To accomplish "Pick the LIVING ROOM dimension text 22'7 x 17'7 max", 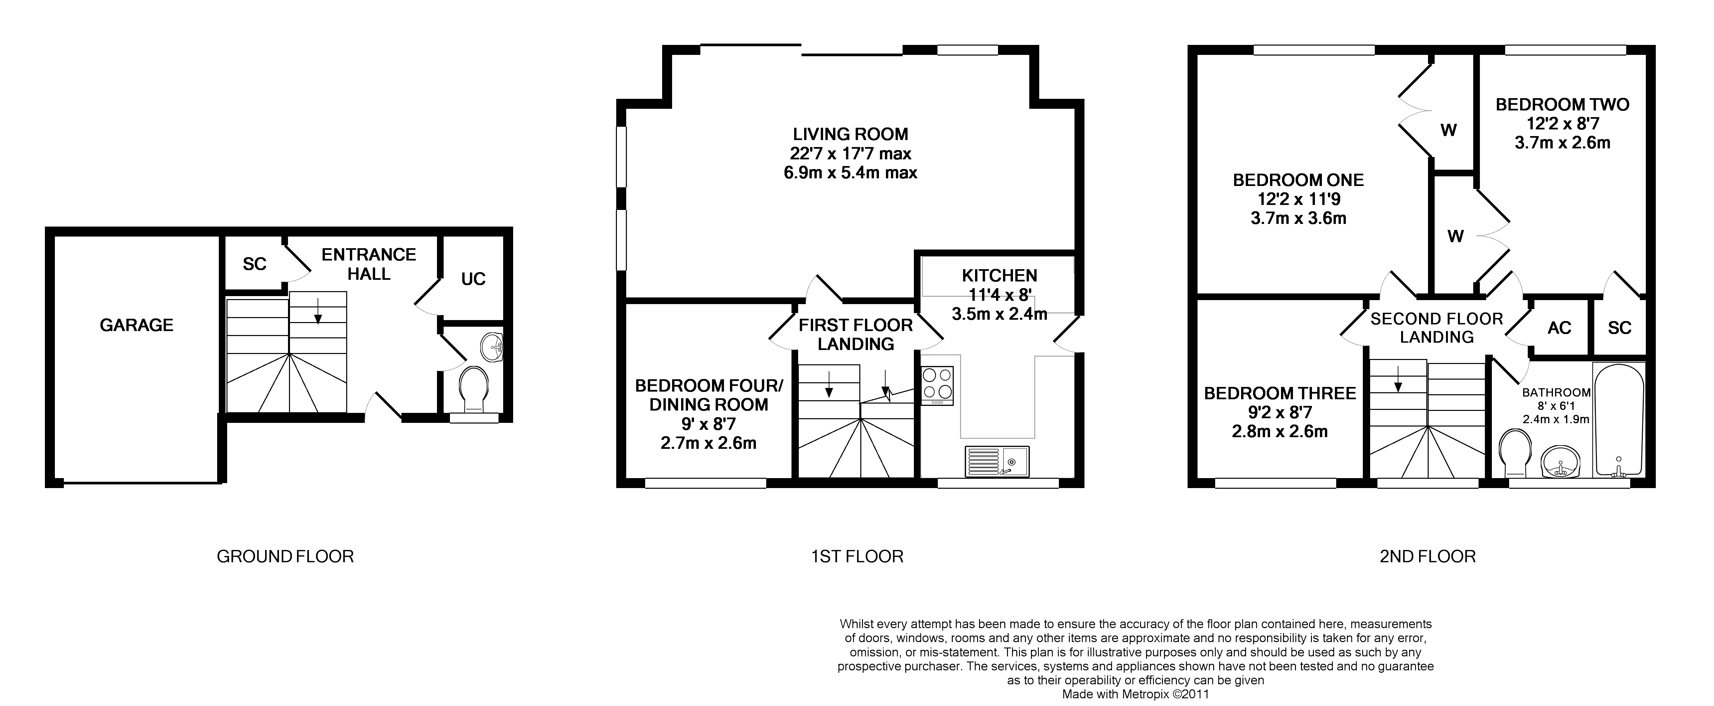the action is (x=850, y=154).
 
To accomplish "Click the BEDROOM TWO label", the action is (x=1562, y=104).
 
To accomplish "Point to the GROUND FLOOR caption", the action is (x=285, y=556).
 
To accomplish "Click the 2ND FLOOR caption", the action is (x=1427, y=556).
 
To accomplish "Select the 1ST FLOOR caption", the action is (x=857, y=556).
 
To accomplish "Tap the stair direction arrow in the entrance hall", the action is (x=318, y=311).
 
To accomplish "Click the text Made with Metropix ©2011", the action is (x=1135, y=694).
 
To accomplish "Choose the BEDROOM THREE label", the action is (x=1279, y=393).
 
